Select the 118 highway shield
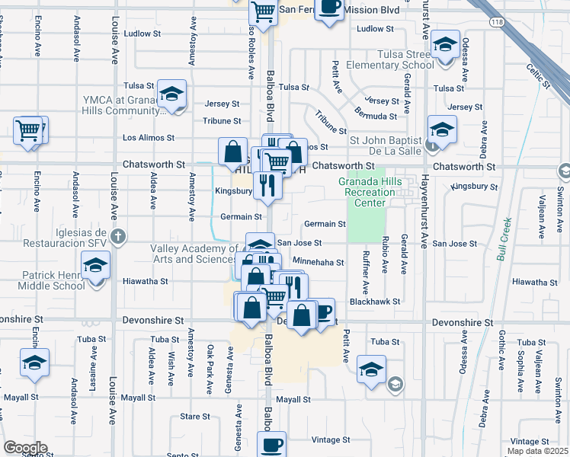tap(497, 23)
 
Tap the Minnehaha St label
tap(319, 262)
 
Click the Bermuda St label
tap(376, 114)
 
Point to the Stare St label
tap(195, 417)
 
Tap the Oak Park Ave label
tap(210, 360)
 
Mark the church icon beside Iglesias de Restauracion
tap(117, 235)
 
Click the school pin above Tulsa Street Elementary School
tap(446, 46)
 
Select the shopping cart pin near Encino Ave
tap(29, 129)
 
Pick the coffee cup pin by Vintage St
tap(271, 443)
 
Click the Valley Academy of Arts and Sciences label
tap(194, 254)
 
